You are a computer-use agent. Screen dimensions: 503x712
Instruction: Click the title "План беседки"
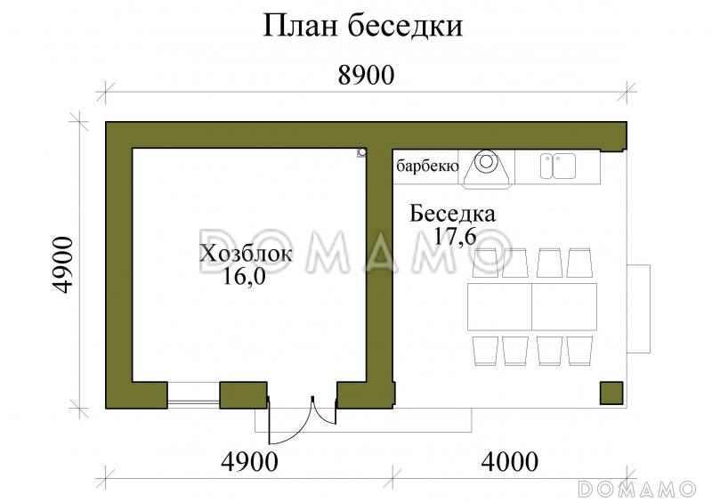click(x=362, y=26)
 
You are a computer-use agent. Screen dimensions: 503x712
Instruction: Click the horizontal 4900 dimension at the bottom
click(x=250, y=461)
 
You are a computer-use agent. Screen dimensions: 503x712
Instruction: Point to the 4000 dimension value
click(x=509, y=461)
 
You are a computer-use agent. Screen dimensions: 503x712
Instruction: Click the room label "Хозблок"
click(x=246, y=254)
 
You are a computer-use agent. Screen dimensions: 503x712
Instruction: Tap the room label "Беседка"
click(x=453, y=214)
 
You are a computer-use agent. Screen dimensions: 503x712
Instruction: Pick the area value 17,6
click(x=453, y=236)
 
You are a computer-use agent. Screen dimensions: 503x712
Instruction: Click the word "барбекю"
click(x=427, y=166)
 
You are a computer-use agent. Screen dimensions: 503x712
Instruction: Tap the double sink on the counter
click(x=558, y=165)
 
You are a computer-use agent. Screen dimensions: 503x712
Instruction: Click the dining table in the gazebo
click(x=532, y=307)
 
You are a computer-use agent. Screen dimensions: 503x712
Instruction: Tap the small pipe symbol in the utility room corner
click(x=362, y=152)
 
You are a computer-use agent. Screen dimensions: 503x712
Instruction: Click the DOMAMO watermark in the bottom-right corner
click(x=636, y=489)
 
